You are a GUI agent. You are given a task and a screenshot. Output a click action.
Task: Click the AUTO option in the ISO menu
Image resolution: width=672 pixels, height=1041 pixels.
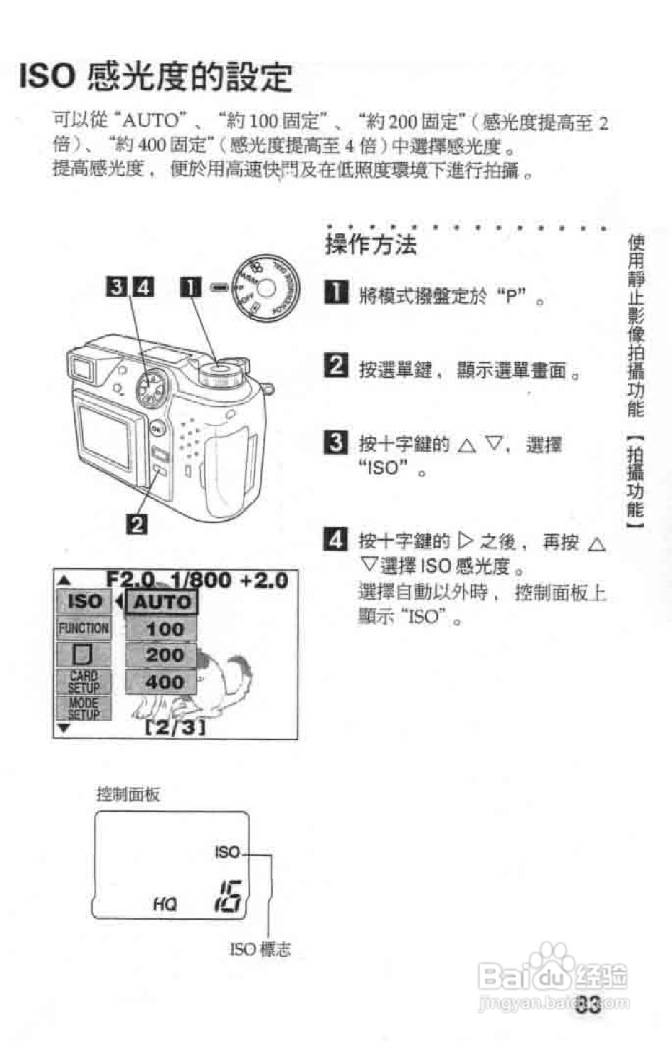click(162, 602)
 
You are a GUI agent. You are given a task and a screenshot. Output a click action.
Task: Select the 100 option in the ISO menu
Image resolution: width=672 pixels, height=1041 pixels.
click(162, 629)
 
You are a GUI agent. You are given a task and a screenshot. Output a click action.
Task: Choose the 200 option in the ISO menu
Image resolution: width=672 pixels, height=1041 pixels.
click(162, 655)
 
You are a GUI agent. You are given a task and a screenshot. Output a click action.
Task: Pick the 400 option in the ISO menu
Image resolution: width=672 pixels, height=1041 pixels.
click(162, 681)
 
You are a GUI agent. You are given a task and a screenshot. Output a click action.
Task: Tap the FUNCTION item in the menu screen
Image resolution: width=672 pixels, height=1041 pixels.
click(83, 628)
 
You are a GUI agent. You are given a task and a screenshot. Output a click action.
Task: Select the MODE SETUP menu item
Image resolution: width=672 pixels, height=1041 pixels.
click(83, 708)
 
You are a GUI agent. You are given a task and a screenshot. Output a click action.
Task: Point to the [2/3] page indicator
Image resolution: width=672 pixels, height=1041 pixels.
click(175, 727)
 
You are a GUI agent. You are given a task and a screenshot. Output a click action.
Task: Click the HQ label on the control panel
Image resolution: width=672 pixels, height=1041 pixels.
click(164, 903)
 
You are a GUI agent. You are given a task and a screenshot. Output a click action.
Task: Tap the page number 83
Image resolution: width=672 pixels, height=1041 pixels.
click(589, 1005)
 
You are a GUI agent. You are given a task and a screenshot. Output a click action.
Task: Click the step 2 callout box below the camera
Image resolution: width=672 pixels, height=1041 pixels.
click(137, 524)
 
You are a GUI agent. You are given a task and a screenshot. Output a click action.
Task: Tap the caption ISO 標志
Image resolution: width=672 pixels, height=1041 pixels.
click(259, 950)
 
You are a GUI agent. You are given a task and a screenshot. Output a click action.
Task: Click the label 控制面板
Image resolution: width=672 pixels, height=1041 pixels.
click(128, 795)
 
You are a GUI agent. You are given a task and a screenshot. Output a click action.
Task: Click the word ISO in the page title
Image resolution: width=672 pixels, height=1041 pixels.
click(47, 77)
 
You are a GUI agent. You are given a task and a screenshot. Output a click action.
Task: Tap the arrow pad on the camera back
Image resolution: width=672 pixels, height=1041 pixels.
click(150, 387)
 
